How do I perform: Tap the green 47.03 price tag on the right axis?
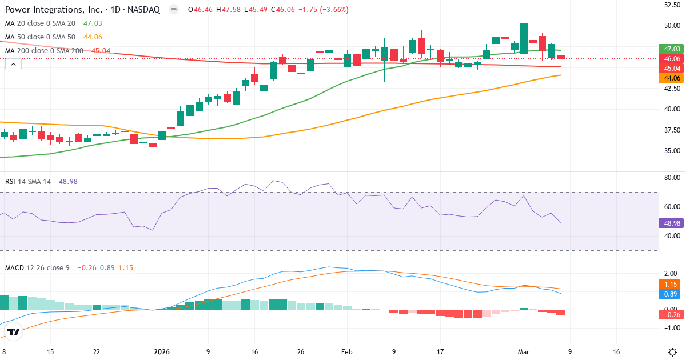click(x=671, y=49)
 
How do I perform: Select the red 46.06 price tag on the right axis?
click(x=671, y=58)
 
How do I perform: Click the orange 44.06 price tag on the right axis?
click(x=671, y=78)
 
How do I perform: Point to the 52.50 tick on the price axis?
click(x=671, y=5)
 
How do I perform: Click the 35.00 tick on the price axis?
click(x=671, y=151)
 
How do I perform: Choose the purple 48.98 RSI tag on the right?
click(x=671, y=223)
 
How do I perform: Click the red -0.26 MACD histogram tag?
click(x=671, y=314)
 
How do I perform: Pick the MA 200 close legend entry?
click(x=44, y=50)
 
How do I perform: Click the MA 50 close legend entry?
click(x=40, y=37)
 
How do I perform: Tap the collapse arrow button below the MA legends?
click(x=13, y=65)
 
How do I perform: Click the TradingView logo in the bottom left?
click(x=14, y=331)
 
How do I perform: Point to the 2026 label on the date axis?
click(x=162, y=352)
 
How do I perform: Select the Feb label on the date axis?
click(x=347, y=352)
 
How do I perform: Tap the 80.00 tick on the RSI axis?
click(x=671, y=177)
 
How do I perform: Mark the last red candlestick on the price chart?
click(x=561, y=57)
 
